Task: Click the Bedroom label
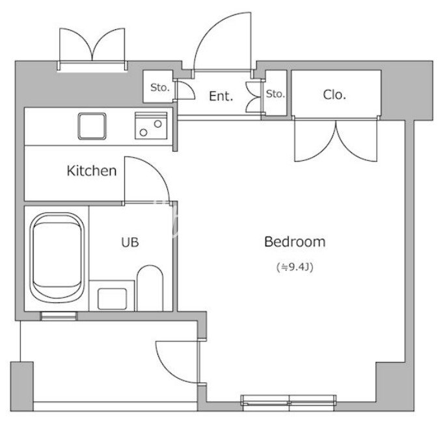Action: [295, 242]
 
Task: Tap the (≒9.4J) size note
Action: [295, 267]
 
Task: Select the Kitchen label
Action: [92, 171]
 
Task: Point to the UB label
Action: [130, 242]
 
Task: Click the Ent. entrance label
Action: [221, 96]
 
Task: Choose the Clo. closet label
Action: [334, 94]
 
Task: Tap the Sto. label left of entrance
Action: [159, 87]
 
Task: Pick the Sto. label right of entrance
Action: [275, 94]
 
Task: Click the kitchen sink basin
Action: [92, 126]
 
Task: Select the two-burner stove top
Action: [151, 126]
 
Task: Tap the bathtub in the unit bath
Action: [57, 255]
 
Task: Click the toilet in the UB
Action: [150, 288]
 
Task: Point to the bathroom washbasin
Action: [112, 298]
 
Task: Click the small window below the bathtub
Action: [59, 316]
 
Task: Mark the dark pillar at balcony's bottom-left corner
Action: [22, 386]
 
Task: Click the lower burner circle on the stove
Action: [143, 132]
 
